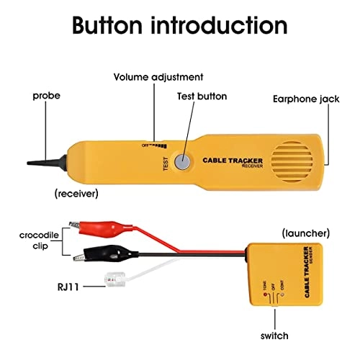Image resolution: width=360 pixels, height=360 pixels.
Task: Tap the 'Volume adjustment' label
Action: [x=158, y=77]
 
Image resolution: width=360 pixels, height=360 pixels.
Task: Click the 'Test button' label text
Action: [x=202, y=96]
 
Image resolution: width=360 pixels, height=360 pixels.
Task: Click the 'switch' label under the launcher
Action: [x=274, y=336]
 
